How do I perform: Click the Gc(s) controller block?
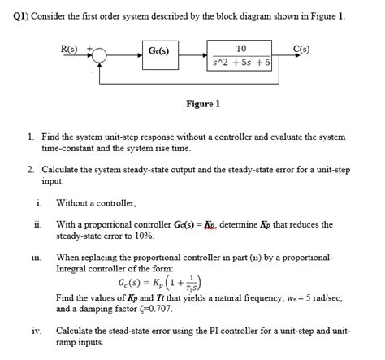click(159, 52)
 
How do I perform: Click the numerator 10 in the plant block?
click(240, 47)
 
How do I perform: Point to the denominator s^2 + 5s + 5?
click(242, 60)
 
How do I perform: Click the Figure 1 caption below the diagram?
click(203, 104)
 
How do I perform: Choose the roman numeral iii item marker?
click(37, 255)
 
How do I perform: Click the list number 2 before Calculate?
click(30, 169)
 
